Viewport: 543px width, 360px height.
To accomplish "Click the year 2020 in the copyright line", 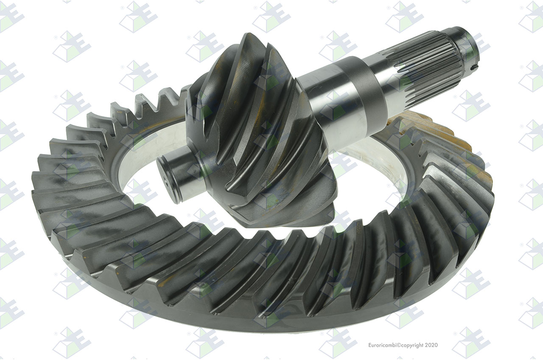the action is (431, 345).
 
